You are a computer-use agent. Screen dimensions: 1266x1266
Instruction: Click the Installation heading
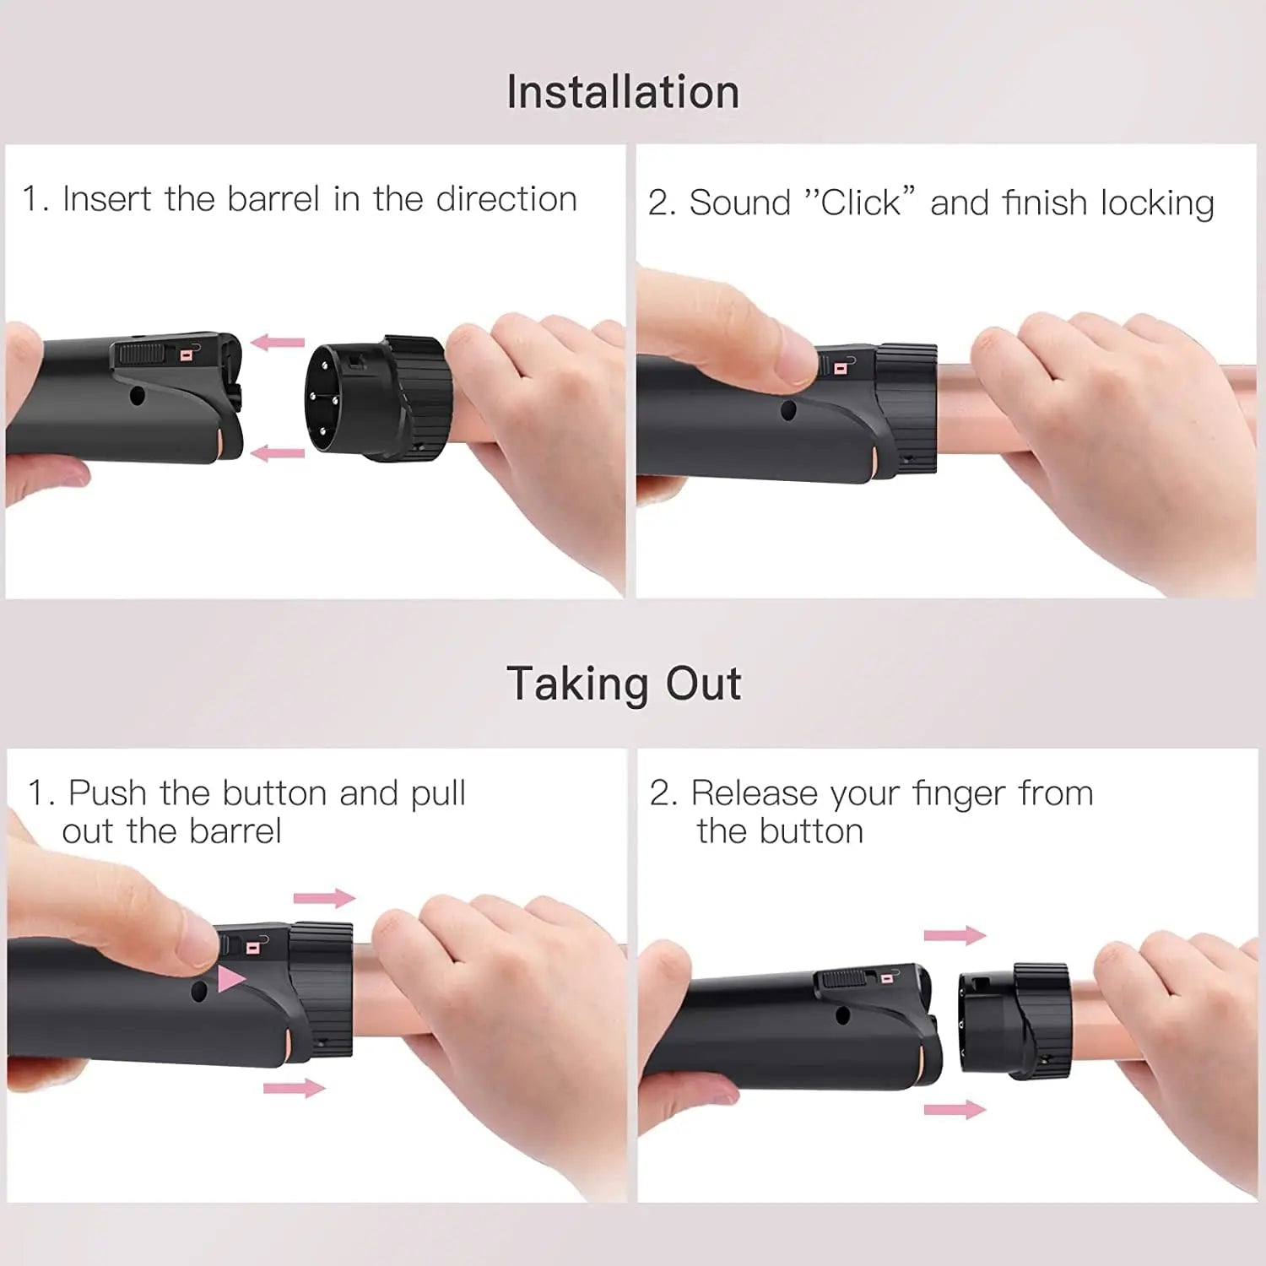point(623,92)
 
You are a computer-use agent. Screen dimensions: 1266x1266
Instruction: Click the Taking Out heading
point(624,684)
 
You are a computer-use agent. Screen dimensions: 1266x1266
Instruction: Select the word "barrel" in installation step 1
point(273,200)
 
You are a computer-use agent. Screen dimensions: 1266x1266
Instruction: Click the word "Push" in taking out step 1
point(108,793)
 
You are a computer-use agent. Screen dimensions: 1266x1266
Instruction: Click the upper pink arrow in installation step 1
point(278,343)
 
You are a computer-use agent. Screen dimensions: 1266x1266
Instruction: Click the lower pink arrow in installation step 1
point(278,453)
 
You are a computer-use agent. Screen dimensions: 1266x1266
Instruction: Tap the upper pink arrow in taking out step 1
point(324,898)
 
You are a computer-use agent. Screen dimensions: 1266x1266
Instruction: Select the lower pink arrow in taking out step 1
point(295,1089)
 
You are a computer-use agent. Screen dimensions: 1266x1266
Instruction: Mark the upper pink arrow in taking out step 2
point(955,935)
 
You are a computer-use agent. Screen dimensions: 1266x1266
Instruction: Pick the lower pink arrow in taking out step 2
point(955,1109)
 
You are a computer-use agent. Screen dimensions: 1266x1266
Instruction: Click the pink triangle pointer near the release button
point(230,980)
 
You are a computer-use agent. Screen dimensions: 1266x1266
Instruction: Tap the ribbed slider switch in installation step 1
point(140,353)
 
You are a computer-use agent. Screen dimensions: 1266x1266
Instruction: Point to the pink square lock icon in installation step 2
point(841,368)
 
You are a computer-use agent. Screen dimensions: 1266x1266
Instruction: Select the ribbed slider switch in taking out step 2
point(845,979)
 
